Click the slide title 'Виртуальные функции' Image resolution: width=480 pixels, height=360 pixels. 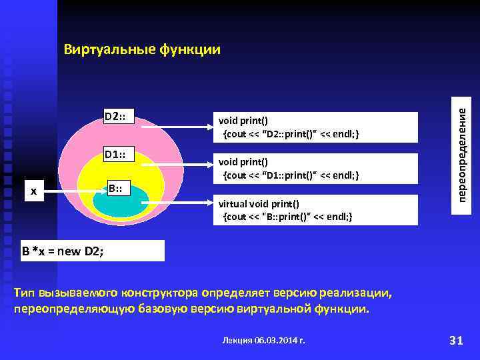pyautogui.click(x=141, y=50)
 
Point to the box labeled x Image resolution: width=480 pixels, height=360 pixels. pyautogui.click(x=34, y=192)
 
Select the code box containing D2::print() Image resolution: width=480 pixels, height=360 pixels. pyautogui.click(x=313, y=127)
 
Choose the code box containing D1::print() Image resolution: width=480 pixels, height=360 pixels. pyautogui.click(x=313, y=169)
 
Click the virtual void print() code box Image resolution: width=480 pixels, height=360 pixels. pyautogui.click(x=313, y=210)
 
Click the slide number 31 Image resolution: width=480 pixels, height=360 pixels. pyautogui.click(x=456, y=341)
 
